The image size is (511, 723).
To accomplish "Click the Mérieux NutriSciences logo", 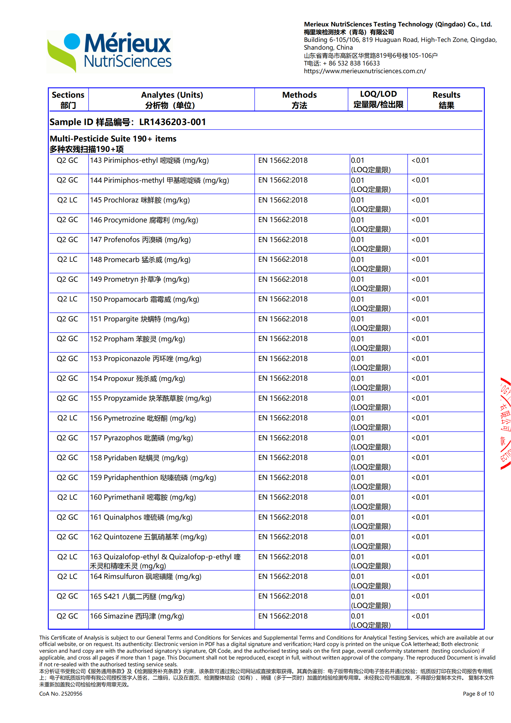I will [109, 52].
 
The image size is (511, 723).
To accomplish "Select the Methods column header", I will [299, 100].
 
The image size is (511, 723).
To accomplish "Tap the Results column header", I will [446, 100].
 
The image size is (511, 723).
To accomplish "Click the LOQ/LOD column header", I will [378, 99].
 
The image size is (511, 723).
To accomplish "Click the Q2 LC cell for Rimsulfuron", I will [67, 577].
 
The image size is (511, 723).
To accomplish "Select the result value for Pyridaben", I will [420, 458].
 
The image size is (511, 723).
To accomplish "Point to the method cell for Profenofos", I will [283, 240].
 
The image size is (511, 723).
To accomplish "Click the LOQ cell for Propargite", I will [370, 323].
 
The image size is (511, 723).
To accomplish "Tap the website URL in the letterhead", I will [365, 71].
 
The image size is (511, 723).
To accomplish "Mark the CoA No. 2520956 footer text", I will [61, 694].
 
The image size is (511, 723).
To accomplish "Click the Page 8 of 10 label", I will [478, 694].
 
